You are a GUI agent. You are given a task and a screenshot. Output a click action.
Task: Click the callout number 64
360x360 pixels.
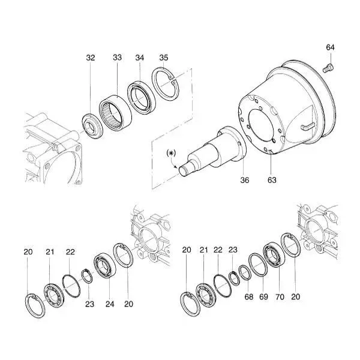click(x=330, y=47)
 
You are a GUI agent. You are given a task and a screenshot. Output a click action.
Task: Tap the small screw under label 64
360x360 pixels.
click(x=328, y=68)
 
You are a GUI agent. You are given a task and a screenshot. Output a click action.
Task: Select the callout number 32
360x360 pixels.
click(x=90, y=58)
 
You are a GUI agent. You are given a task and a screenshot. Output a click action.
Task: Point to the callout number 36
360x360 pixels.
click(x=244, y=180)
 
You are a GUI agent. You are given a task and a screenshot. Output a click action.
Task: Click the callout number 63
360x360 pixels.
click(x=272, y=180)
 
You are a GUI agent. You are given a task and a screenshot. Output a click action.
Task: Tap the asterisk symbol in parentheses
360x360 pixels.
click(x=171, y=153)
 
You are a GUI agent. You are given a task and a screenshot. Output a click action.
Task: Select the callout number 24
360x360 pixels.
click(x=110, y=304)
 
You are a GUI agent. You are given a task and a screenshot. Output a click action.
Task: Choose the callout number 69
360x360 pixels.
click(x=263, y=297)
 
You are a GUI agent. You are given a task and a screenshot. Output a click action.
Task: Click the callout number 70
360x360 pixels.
click(x=280, y=297)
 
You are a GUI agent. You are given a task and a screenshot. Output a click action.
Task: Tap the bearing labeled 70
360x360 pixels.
click(x=274, y=256)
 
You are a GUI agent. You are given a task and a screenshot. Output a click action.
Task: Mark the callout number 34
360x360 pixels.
click(x=139, y=58)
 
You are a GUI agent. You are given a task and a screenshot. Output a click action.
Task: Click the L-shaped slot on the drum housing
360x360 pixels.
click(x=307, y=127)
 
